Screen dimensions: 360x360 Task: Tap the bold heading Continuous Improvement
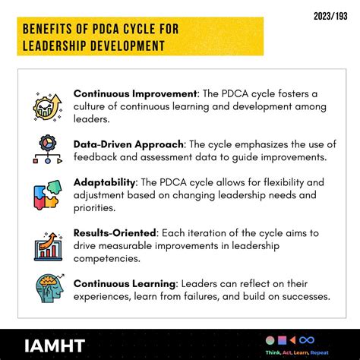click(x=134, y=93)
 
